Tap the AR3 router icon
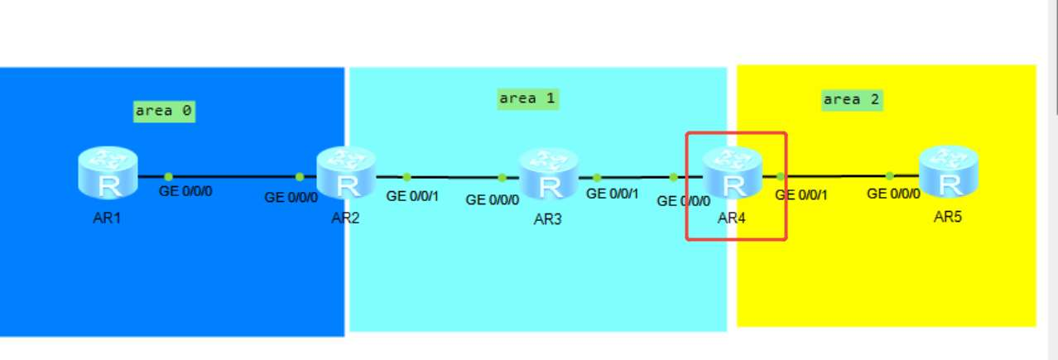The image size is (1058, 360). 548,174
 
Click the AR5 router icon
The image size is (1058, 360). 949,170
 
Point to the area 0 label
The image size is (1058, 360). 164,111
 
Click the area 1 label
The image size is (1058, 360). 527,99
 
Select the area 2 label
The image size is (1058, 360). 852,100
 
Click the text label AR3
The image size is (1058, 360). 548,221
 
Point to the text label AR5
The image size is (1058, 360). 949,218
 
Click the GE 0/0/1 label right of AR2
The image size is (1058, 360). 414,197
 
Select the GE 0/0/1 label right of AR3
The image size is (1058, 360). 613,194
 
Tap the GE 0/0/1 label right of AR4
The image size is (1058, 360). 802,195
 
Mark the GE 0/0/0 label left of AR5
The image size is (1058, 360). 894,194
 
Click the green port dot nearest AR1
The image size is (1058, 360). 168,176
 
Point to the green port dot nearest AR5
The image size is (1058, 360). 889,175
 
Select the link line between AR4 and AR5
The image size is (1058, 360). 836,175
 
